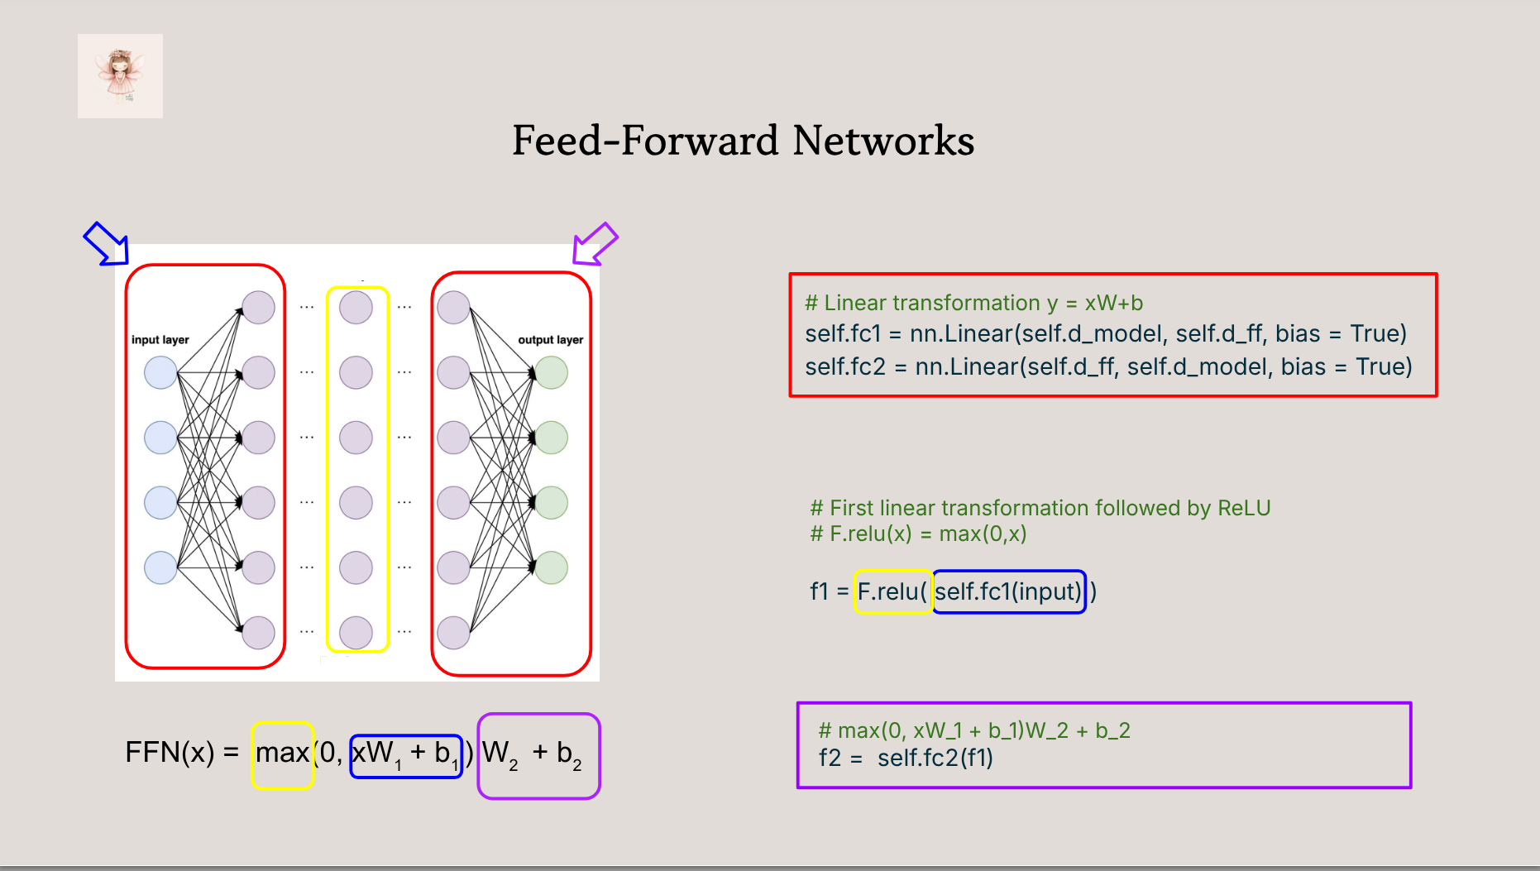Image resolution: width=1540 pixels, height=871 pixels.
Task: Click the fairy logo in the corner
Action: point(120,76)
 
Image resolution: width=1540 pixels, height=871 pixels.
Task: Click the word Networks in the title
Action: point(883,141)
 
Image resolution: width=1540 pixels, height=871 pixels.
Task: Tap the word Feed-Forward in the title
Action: point(645,141)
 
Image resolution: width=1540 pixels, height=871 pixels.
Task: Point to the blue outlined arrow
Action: point(107,244)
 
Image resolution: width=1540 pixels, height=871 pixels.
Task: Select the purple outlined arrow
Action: point(595,244)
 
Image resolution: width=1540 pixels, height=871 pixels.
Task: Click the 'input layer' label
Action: point(160,340)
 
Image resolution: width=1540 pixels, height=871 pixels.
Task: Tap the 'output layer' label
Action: point(551,340)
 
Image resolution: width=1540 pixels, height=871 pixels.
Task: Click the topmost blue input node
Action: point(160,373)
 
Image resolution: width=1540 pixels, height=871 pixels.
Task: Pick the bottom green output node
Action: point(552,567)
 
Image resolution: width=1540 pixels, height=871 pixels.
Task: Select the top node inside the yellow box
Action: point(356,308)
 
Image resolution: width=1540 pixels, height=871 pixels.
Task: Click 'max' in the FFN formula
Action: point(282,753)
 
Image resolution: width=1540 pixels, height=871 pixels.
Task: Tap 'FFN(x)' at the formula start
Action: point(170,753)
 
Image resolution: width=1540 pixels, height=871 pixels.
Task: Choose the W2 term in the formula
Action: point(500,754)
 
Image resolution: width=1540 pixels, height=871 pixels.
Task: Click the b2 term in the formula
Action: point(569,754)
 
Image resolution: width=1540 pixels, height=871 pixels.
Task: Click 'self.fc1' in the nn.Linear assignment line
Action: point(843,333)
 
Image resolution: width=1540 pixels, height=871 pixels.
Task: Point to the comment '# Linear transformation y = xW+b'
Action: point(974,303)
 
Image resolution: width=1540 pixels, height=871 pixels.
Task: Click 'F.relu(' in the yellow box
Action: point(892,591)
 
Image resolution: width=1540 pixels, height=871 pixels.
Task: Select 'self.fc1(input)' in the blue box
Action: point(1008,591)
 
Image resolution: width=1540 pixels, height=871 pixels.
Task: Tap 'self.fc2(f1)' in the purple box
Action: point(935,758)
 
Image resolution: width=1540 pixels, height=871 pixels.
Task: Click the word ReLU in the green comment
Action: point(1244,508)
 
